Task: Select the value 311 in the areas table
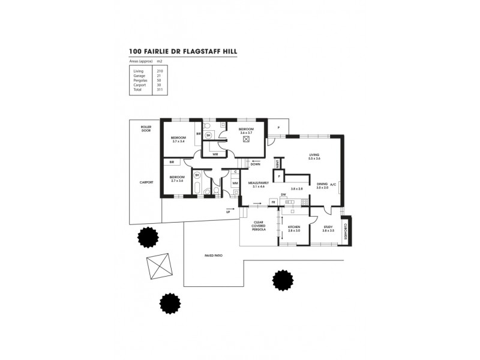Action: (160, 89)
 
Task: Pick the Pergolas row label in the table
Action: (140, 80)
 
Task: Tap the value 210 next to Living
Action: (160, 71)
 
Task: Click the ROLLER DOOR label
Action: (146, 129)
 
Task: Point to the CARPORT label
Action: (146, 182)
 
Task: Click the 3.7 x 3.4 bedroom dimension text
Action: (178, 142)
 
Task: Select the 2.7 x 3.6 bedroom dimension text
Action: (176, 181)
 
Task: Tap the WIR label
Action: (214, 154)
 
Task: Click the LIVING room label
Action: (315, 154)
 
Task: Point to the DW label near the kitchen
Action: (283, 194)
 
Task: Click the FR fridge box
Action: (273, 202)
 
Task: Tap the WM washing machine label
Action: (235, 184)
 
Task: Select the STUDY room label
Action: (328, 227)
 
